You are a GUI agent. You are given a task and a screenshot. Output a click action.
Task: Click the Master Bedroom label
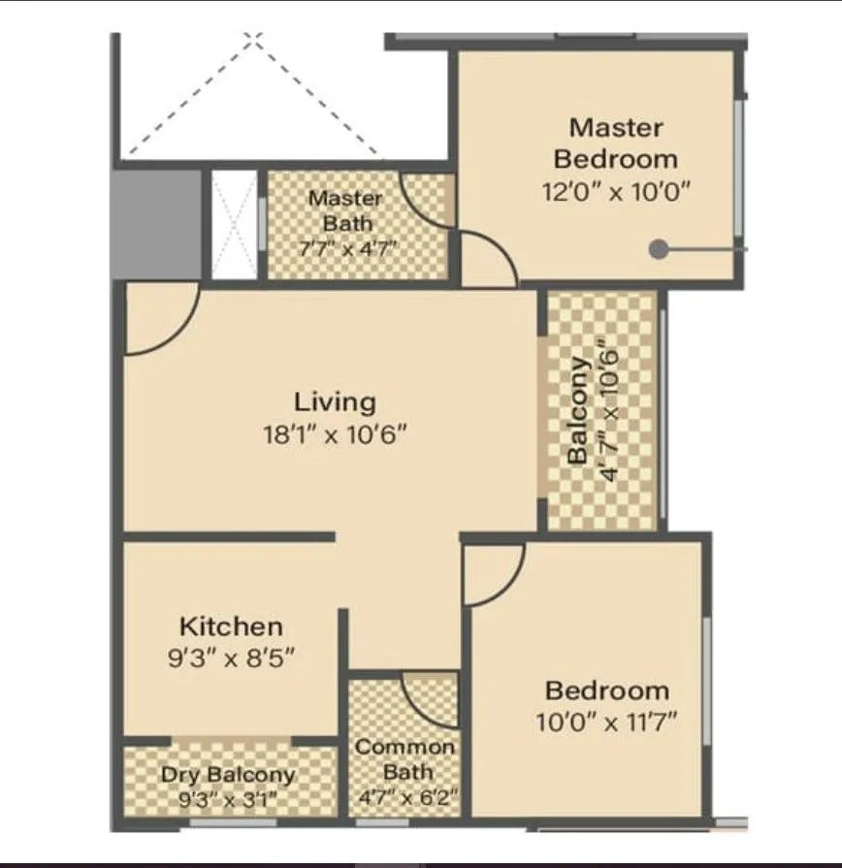click(x=616, y=143)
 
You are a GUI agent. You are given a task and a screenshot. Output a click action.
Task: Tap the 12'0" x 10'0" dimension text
click(x=616, y=191)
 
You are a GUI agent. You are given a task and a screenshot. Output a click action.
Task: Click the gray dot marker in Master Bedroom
click(x=659, y=249)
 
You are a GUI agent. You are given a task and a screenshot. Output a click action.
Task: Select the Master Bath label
click(x=345, y=210)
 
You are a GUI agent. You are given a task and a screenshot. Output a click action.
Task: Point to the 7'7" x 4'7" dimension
click(x=346, y=247)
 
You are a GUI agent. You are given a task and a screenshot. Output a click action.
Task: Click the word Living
click(x=335, y=402)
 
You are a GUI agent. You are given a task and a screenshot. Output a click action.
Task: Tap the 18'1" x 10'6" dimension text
click(x=335, y=434)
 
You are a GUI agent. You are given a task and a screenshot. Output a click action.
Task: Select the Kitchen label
click(x=231, y=627)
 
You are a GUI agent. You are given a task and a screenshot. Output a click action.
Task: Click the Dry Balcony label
click(x=228, y=775)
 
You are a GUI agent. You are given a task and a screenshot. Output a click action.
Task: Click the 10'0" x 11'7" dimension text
click(x=606, y=722)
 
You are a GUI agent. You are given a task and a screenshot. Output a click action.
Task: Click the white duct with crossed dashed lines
click(x=234, y=224)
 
